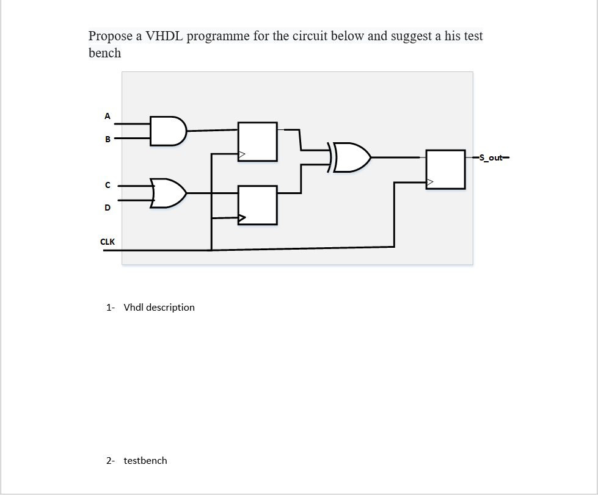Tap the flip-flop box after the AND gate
click(257, 142)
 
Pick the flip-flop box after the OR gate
click(257, 205)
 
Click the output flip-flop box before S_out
click(445, 169)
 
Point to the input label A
click(108, 115)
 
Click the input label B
click(108, 139)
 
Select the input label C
click(108, 184)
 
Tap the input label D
click(108, 208)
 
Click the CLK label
click(108, 242)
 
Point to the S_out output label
click(490, 157)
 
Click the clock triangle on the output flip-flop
click(430, 181)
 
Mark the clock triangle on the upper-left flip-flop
click(242, 154)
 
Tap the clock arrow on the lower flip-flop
click(242, 217)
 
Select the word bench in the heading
click(104, 53)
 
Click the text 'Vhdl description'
click(159, 307)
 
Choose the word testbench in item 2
click(145, 460)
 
